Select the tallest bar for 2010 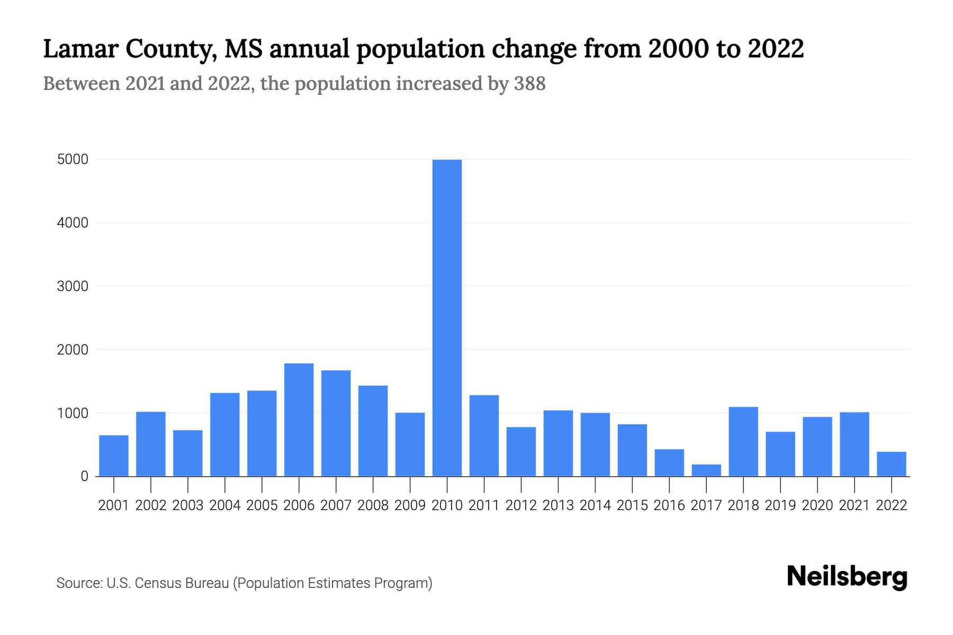447,317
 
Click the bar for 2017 706,470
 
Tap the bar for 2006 299,420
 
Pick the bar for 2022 891,464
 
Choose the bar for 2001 114,456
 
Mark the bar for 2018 743,441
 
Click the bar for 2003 188,453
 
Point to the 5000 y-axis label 73,159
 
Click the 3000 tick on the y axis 73,286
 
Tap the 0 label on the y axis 84,476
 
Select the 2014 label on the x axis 595,505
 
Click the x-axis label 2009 410,505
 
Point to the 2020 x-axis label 817,505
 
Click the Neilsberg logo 847,577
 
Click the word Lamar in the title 80,49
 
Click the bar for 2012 521,451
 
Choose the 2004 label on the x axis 225,505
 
